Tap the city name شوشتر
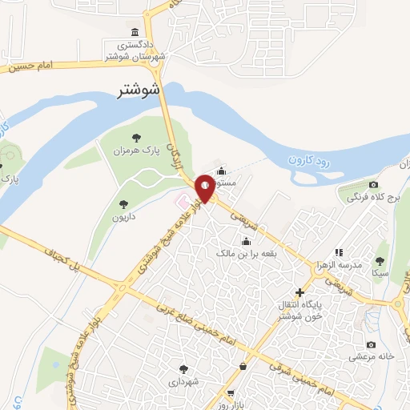pyautogui.click(x=138, y=90)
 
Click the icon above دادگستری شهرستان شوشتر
pyautogui.click(x=135, y=33)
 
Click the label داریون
pyautogui.click(x=125, y=217)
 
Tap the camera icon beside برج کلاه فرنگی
pyautogui.click(x=349, y=195)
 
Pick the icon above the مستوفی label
pyautogui.click(x=220, y=171)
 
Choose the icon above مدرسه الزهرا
pyautogui.click(x=338, y=251)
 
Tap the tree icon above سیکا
pyautogui.click(x=380, y=261)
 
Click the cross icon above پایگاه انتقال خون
pyautogui.click(x=299, y=293)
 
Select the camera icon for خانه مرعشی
pyautogui.click(x=370, y=344)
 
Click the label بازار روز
pyautogui.click(x=232, y=402)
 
